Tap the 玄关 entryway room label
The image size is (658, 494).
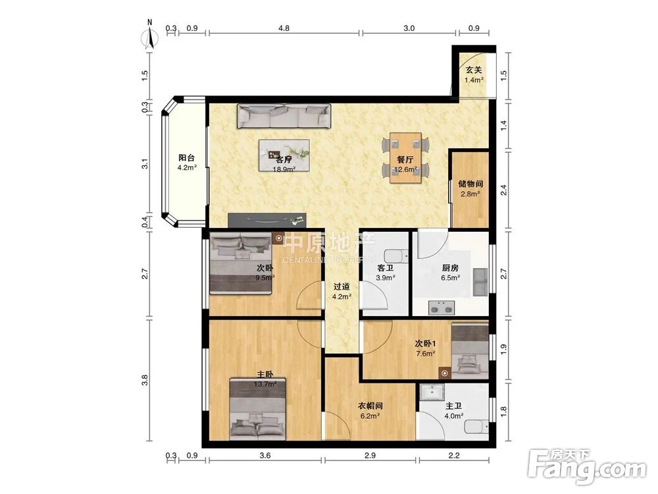[474, 70]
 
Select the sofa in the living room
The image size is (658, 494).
[284, 115]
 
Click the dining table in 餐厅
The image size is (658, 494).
[405, 158]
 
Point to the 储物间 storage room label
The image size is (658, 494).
[470, 184]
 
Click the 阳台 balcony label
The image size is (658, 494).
[187, 158]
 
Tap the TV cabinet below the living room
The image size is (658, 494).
[267, 220]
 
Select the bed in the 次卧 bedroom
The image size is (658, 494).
[240, 263]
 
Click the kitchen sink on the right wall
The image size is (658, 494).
[480, 281]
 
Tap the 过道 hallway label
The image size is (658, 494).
[342, 287]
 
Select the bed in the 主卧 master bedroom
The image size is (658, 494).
[258, 409]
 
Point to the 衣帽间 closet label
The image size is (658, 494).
[370, 406]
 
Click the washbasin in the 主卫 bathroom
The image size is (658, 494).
[432, 393]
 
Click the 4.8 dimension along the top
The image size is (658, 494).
[284, 28]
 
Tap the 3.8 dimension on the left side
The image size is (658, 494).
[145, 380]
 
